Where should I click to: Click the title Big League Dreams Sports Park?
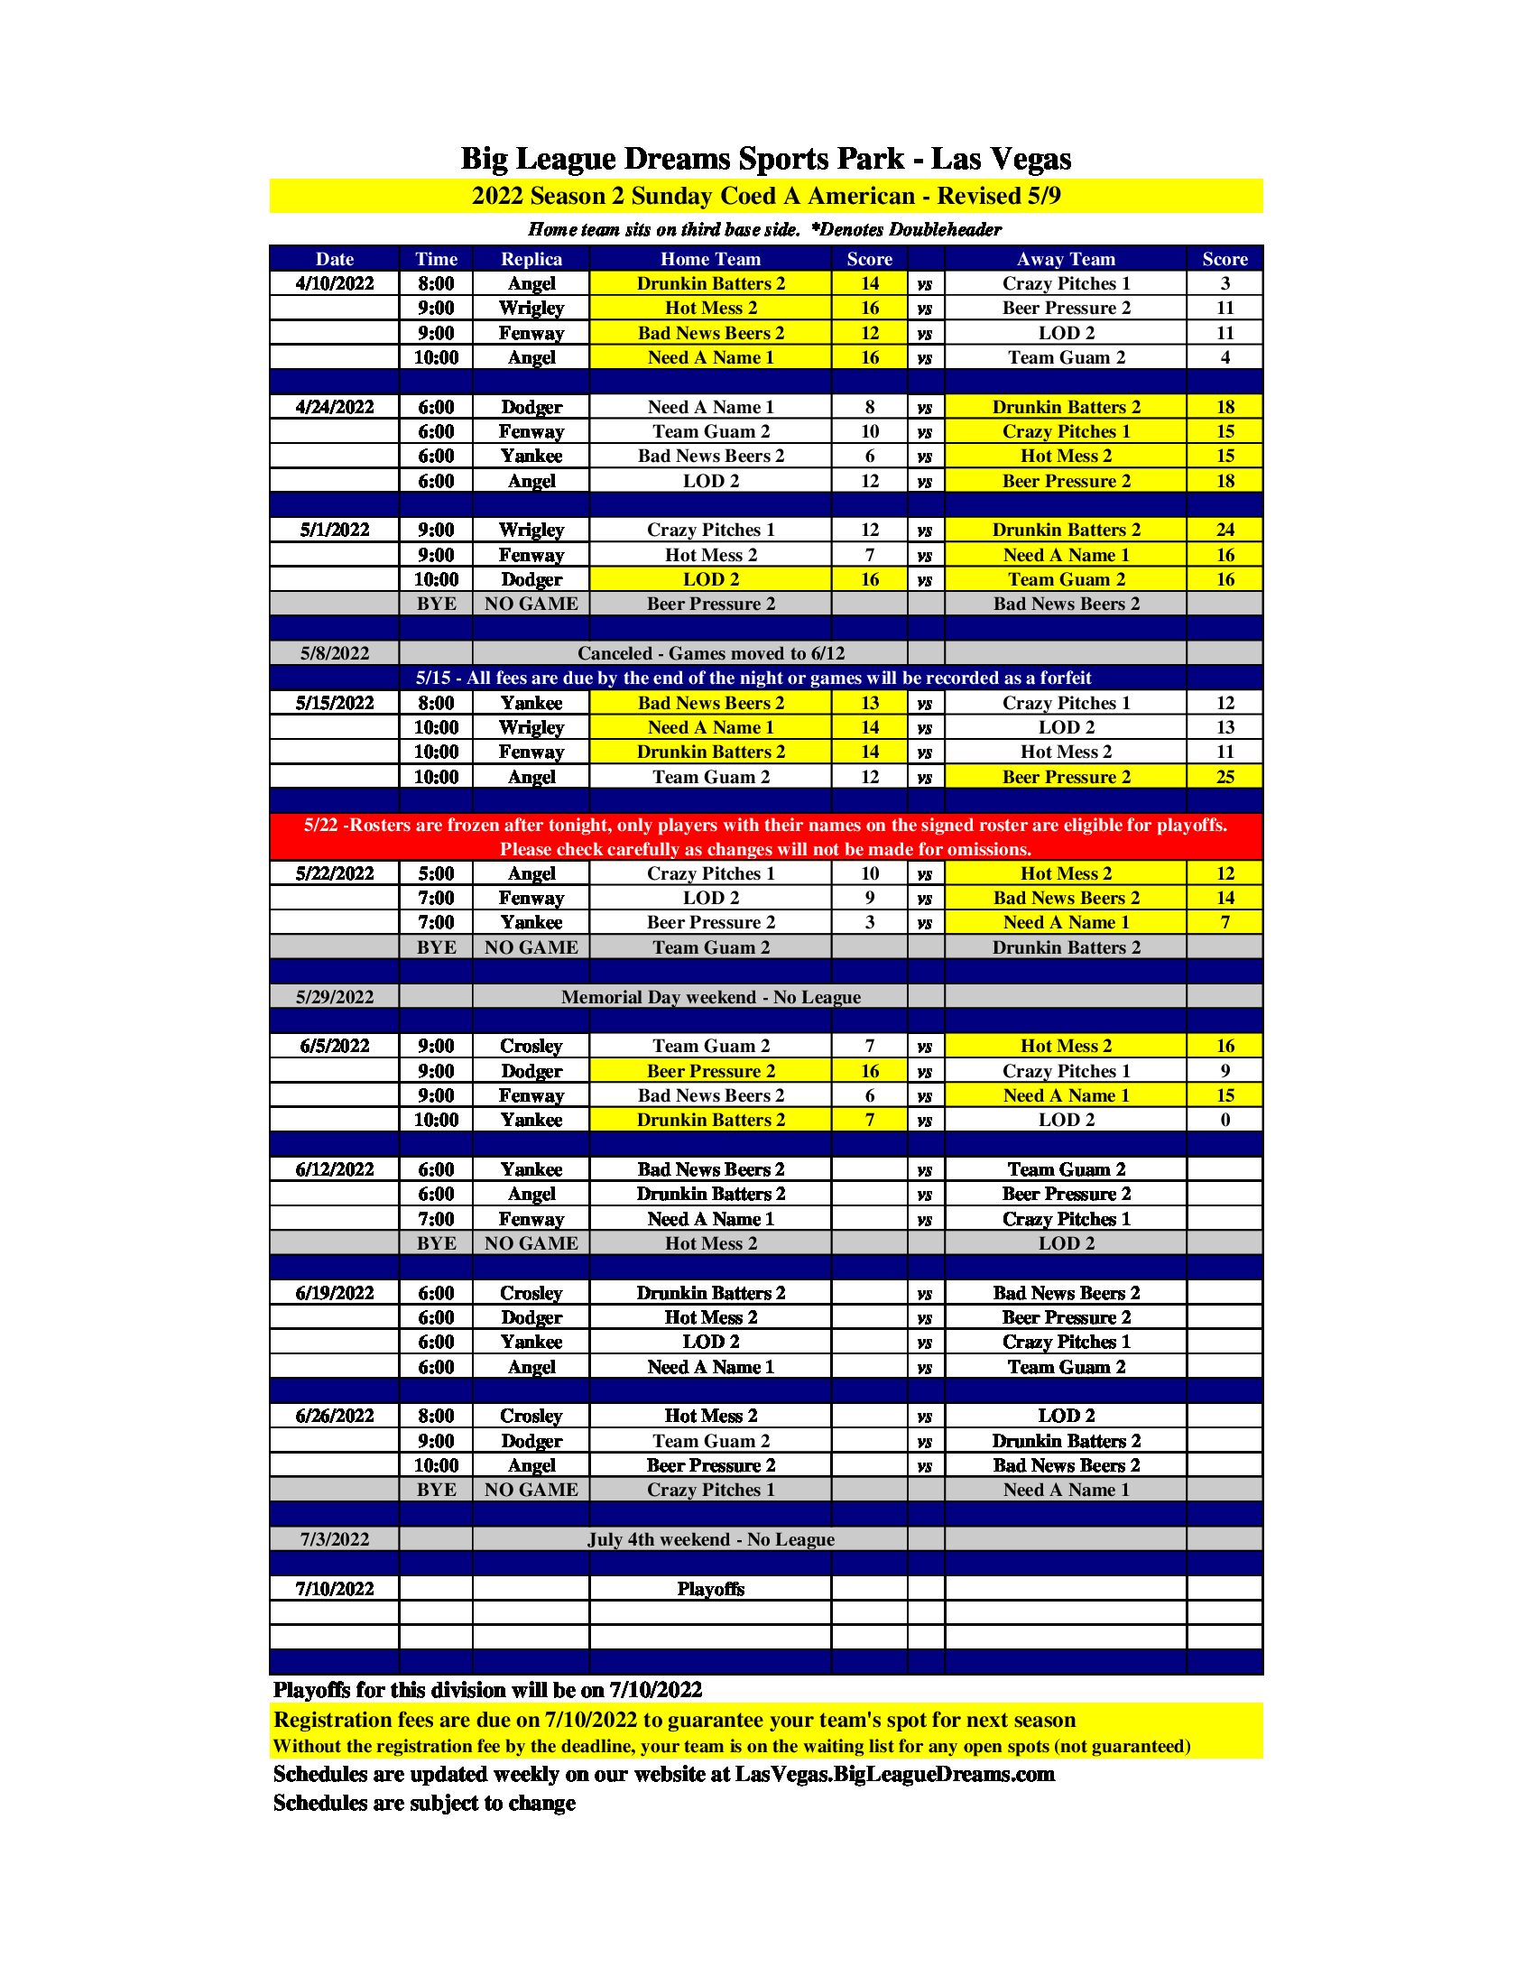click(765, 159)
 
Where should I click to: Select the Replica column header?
click(531, 259)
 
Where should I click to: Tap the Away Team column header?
click(1065, 259)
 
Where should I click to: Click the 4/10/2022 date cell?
click(335, 283)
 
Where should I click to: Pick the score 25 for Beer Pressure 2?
click(1224, 777)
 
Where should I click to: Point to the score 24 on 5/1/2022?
click(1224, 530)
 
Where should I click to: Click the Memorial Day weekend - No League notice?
click(711, 997)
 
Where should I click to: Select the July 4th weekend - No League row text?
click(711, 1539)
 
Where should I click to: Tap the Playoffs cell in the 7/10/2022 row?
click(711, 1589)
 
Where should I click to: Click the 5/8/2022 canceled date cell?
click(335, 653)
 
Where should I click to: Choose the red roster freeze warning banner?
click(765, 837)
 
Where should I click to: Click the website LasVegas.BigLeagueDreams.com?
click(894, 1774)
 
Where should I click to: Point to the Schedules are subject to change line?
click(424, 1804)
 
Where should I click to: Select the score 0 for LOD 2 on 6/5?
click(1224, 1121)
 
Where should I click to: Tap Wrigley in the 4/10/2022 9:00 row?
click(531, 308)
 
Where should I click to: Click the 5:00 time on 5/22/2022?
click(435, 874)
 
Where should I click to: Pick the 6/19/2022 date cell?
click(335, 1293)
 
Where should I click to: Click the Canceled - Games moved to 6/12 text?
click(711, 653)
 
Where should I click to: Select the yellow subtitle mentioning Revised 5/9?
click(765, 197)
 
